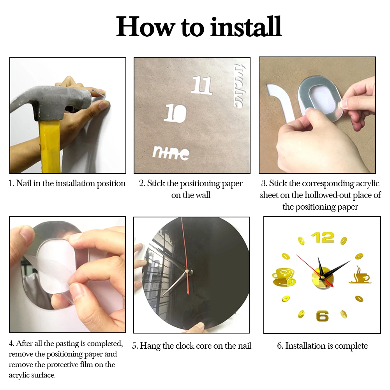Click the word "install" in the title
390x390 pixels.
coord(246,27)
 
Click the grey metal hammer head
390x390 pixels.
coord(50,102)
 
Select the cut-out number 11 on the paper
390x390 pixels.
coord(202,85)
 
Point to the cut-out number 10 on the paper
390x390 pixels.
coord(175,113)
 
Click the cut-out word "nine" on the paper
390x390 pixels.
coord(171,152)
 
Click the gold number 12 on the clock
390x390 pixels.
coord(323,238)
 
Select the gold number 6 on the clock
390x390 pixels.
coord(322,316)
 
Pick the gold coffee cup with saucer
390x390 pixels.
coord(284,277)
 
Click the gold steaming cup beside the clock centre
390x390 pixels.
coord(360,275)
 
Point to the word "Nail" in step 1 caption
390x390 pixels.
coord(24,183)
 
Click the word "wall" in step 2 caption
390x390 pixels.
coord(203,195)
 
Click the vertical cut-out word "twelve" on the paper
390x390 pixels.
coord(238,86)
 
